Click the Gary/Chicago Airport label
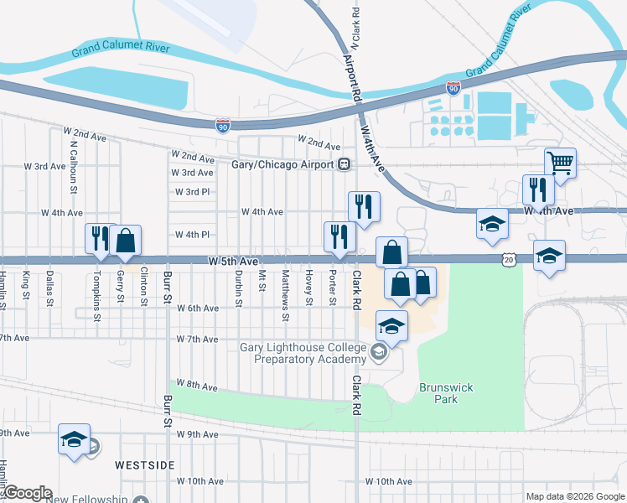[283, 164]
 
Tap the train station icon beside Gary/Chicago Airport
[344, 164]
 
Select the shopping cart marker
[560, 163]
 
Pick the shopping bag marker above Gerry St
[125, 241]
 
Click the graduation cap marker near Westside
[74, 439]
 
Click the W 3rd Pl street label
[192, 192]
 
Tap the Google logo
[27, 493]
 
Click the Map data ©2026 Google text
[575, 496]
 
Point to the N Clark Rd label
[356, 21]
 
